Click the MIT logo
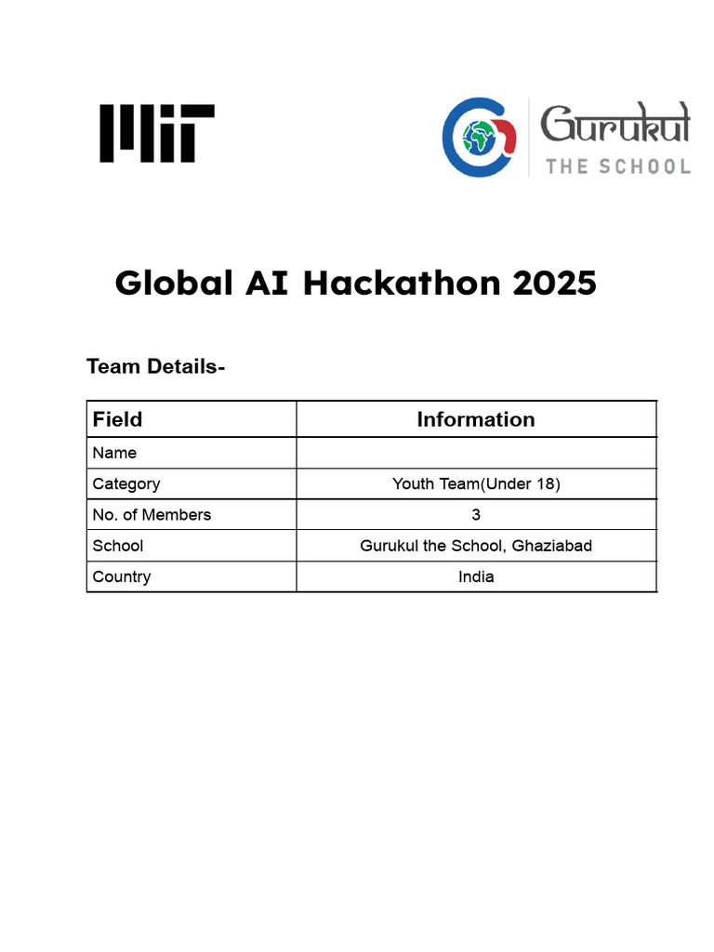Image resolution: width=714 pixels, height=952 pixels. click(x=157, y=134)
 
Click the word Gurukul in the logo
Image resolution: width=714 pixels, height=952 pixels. click(x=615, y=124)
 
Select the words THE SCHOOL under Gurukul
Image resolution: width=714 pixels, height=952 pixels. click(x=617, y=166)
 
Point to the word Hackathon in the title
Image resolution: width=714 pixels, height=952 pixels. click(x=402, y=283)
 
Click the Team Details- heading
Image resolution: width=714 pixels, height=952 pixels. click(x=155, y=366)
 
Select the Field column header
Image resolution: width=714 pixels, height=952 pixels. click(x=117, y=419)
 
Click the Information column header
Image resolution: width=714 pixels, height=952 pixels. click(x=475, y=419)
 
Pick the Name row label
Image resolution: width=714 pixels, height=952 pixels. click(x=114, y=453)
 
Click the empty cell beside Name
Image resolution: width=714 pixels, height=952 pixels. click(x=475, y=453)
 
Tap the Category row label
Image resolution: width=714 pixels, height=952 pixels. click(x=126, y=483)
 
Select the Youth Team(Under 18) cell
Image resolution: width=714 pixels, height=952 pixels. click(x=475, y=483)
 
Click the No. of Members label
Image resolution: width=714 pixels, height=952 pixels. click(x=152, y=514)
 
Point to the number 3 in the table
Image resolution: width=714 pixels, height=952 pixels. click(x=476, y=514)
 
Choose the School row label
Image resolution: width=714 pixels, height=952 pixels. click(x=117, y=545)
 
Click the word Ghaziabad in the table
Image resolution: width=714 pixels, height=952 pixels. click(x=551, y=545)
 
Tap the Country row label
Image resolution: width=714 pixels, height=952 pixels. click(x=121, y=576)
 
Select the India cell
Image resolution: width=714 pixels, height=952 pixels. click(x=476, y=576)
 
